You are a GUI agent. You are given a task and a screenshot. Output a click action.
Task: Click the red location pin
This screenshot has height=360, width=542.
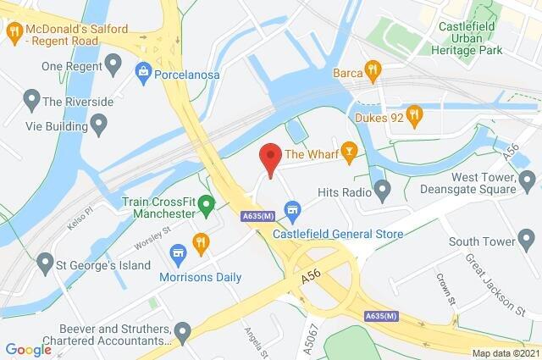point(269,158)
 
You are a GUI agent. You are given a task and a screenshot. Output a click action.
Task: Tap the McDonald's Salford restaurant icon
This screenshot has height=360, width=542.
point(14,33)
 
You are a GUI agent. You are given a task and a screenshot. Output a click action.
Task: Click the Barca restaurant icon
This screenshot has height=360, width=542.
point(370,70)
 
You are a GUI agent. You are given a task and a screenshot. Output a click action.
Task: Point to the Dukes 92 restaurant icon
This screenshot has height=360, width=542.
point(414,113)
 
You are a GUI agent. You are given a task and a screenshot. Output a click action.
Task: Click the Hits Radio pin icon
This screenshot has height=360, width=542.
point(382,192)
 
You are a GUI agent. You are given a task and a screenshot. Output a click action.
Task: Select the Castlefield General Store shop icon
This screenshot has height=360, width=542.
point(293,208)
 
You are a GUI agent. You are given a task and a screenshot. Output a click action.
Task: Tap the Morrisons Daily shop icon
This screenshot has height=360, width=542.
point(178,252)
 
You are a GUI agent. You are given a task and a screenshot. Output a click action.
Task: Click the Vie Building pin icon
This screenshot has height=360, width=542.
point(98,126)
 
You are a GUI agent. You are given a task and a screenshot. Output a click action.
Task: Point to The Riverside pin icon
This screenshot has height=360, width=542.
point(32,102)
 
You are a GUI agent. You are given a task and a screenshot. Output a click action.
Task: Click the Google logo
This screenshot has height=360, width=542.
point(28,350)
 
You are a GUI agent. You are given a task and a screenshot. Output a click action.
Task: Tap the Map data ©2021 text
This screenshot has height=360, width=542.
point(504,352)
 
